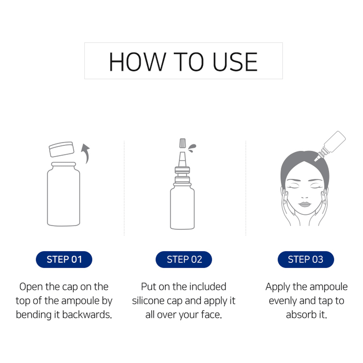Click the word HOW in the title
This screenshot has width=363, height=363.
pyautogui.click(x=138, y=62)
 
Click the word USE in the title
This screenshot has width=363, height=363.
pyautogui.click(x=235, y=62)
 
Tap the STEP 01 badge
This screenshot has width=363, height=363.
pyautogui.click(x=64, y=259)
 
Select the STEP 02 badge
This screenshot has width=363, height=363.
pyautogui.click(x=184, y=259)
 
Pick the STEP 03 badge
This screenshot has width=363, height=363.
pyautogui.click(x=306, y=259)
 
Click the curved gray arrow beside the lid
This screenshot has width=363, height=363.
pyautogui.click(x=86, y=153)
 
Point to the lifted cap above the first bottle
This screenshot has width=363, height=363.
pyautogui.click(x=62, y=149)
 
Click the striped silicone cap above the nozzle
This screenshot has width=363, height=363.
pyautogui.click(x=183, y=143)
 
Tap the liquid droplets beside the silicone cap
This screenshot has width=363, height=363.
pyautogui.click(x=192, y=148)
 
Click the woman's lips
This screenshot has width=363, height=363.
pyautogui.click(x=305, y=205)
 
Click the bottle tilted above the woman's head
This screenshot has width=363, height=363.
pyautogui.click(x=330, y=146)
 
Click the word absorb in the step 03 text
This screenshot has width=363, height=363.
pyautogui.click(x=301, y=315)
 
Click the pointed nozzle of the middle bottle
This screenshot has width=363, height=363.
pyautogui.click(x=182, y=160)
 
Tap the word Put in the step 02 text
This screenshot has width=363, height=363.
pyautogui.click(x=148, y=287)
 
